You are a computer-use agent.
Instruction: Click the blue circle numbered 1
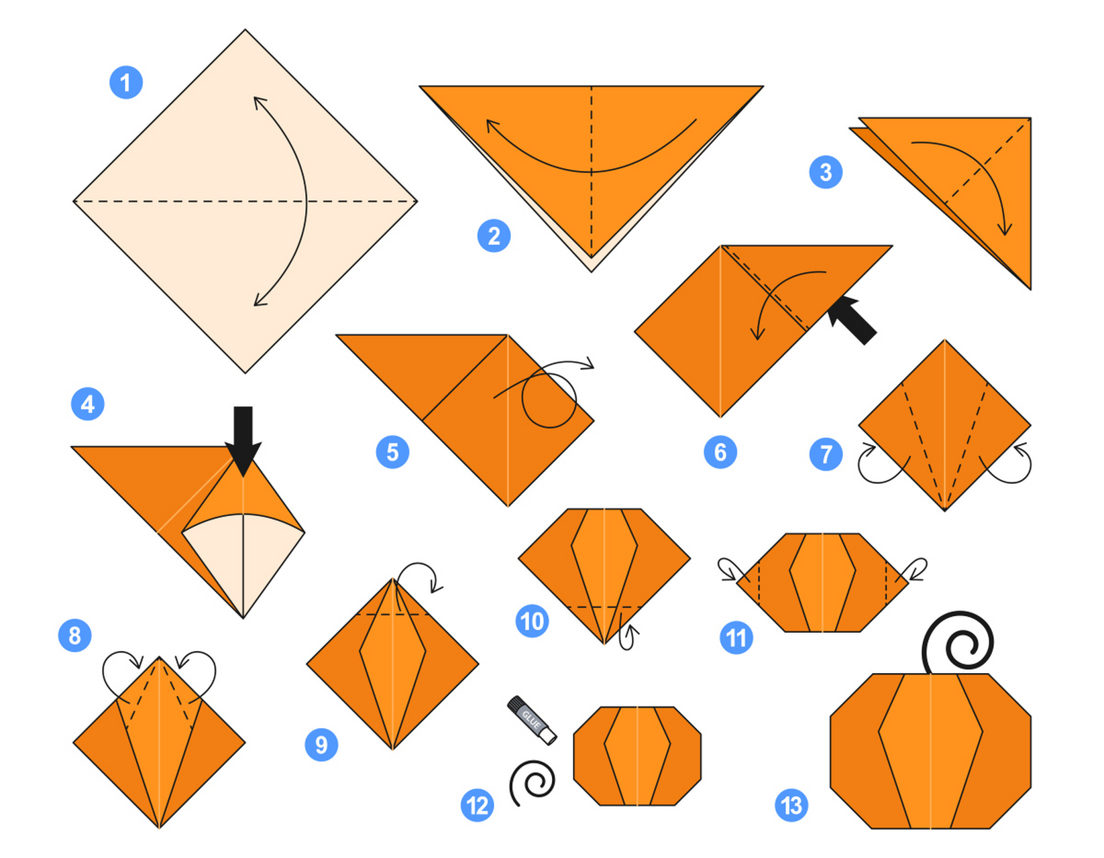pyautogui.click(x=126, y=82)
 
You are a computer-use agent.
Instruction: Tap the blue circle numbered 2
pyautogui.click(x=494, y=235)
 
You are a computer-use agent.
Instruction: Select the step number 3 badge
pyautogui.click(x=826, y=172)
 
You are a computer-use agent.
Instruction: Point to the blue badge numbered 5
pyautogui.click(x=393, y=452)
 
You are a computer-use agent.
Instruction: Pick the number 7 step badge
pyautogui.click(x=826, y=454)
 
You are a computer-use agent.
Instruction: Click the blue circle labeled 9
pyautogui.click(x=321, y=745)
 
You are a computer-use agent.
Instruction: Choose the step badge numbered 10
pyautogui.click(x=532, y=621)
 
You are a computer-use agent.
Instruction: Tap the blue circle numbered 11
pyautogui.click(x=736, y=637)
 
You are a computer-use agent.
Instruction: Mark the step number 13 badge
pyautogui.click(x=791, y=805)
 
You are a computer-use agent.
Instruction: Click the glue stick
pyautogui.click(x=532, y=721)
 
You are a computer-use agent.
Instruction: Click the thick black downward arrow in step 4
pyautogui.click(x=243, y=440)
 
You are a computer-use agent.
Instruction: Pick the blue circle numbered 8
pyautogui.click(x=74, y=635)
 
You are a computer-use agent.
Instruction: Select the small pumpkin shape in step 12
pyautogui.click(x=637, y=756)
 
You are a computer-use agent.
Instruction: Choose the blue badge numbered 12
pyautogui.click(x=477, y=805)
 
